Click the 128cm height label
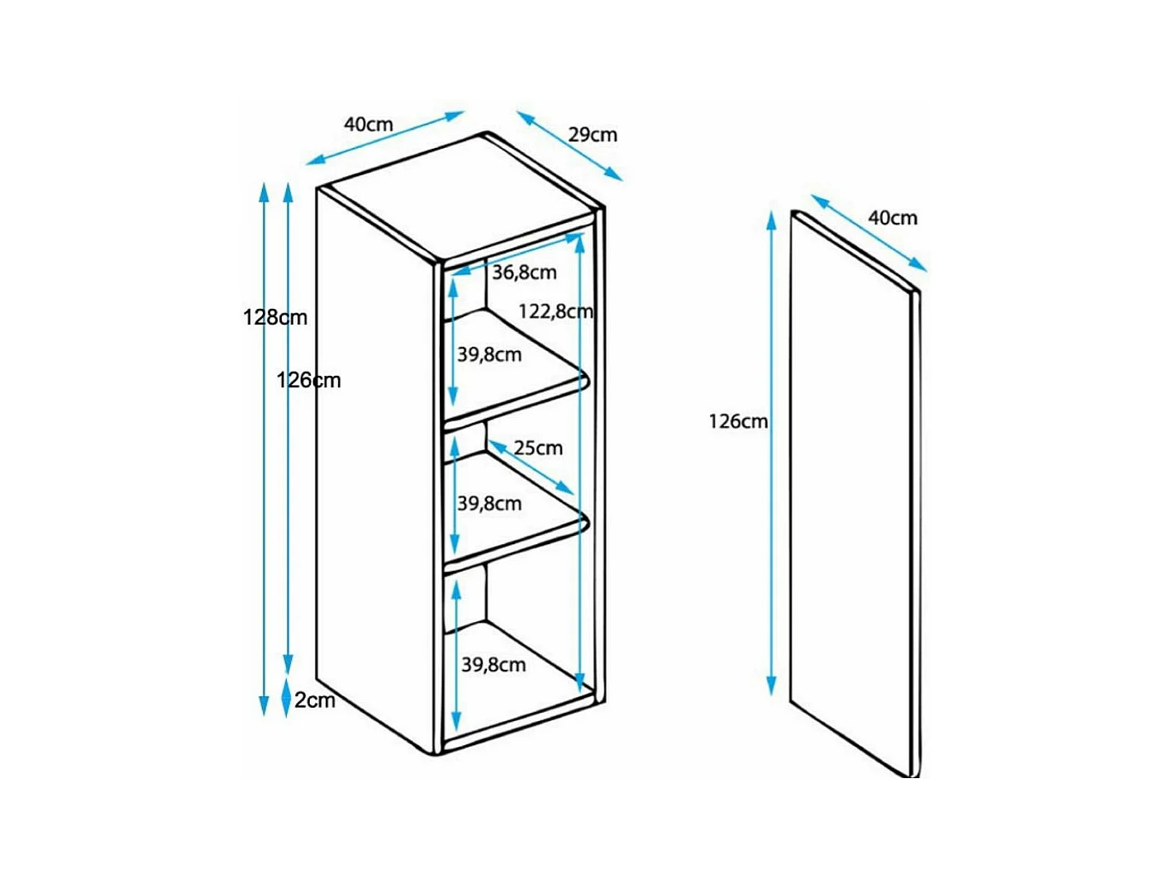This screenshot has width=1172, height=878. point(275,317)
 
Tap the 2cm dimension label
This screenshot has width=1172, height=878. point(315,700)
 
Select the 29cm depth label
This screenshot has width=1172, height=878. point(592,135)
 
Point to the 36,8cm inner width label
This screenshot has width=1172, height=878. point(524,273)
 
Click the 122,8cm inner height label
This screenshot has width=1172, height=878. point(555,311)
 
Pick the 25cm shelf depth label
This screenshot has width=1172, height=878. point(538,448)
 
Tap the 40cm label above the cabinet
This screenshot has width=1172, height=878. point(369,125)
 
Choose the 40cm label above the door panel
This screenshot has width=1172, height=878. point(892,218)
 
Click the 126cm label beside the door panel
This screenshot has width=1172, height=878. point(738,421)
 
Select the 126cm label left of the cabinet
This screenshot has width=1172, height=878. point(308,380)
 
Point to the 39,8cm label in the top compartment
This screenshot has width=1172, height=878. point(489,354)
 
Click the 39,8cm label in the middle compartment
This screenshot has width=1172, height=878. point(489,504)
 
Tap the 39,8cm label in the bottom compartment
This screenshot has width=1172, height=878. point(493,665)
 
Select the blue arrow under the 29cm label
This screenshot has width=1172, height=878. point(569,145)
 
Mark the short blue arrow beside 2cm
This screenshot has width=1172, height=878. point(286,695)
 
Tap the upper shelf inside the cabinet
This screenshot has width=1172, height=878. point(517,373)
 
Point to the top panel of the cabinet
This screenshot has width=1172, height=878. point(460,198)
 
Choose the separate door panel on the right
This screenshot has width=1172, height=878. point(855,493)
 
